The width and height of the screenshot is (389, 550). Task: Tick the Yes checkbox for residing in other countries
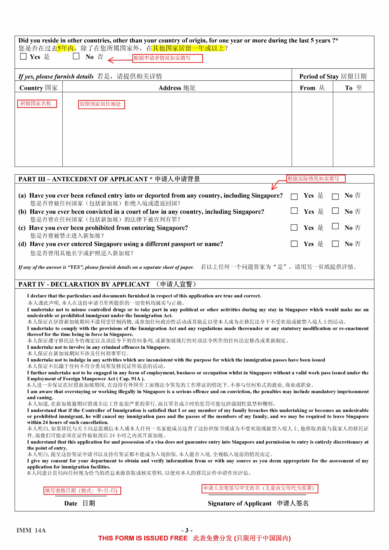pyautogui.click(x=23, y=56)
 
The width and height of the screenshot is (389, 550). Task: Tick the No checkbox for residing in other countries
pyautogui.click(x=76, y=56)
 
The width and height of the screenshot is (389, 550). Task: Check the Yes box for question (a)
pyautogui.click(x=294, y=197)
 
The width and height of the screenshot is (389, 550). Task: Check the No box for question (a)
pyautogui.click(x=335, y=197)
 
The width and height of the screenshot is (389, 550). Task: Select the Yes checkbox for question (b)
pyautogui.click(x=294, y=211)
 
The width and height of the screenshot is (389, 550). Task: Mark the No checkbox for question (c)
pyautogui.click(x=335, y=226)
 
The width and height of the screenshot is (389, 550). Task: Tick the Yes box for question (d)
pyautogui.click(x=294, y=244)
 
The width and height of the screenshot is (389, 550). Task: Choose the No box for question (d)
pyautogui.click(x=335, y=244)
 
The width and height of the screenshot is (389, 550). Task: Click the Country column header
pyautogui.click(x=38, y=88)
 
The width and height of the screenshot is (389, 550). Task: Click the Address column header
pyautogui.click(x=177, y=88)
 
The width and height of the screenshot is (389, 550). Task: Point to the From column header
pyautogui.click(x=312, y=88)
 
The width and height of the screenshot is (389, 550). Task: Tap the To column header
pyautogui.click(x=353, y=88)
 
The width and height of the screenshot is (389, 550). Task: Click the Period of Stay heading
pyautogui.click(x=333, y=76)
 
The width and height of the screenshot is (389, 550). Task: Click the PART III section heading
pyautogui.click(x=109, y=179)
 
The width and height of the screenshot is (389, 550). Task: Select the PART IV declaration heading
pyautogui.click(x=107, y=284)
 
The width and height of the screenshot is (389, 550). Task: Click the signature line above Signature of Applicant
pyautogui.click(x=257, y=495)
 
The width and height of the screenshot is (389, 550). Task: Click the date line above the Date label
pyautogui.click(x=81, y=496)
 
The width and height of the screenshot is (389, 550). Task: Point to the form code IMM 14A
pyautogui.click(x=31, y=530)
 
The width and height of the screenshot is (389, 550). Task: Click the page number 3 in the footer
pyautogui.click(x=187, y=530)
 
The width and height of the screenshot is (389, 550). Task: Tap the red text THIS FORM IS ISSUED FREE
pyautogui.click(x=143, y=538)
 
